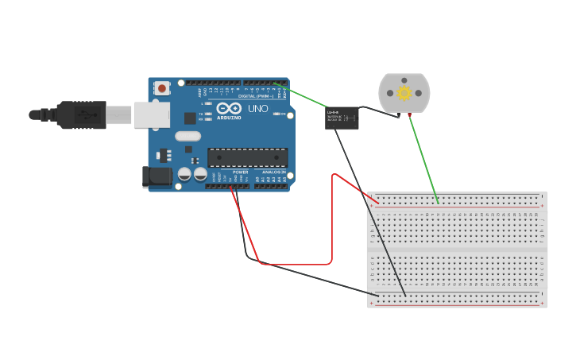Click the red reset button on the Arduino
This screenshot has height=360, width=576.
pos(162,88)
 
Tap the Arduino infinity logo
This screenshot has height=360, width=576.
pos(229,109)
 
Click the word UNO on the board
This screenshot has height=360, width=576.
pos(258,109)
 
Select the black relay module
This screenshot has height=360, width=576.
pos(342,118)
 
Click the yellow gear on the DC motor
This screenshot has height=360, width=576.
pos(404,93)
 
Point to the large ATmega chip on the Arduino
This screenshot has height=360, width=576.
pos(247,157)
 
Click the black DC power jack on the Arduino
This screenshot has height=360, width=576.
pos(157,176)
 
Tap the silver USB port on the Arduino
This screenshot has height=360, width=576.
pos(151,115)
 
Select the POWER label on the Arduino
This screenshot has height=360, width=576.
pos(240,172)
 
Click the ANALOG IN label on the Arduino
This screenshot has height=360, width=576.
pos(275,172)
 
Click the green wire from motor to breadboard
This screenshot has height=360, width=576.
pos(423,159)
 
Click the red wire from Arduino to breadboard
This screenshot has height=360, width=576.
pos(294,264)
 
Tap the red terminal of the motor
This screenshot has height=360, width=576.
pos(410,114)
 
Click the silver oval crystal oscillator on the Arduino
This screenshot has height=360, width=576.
pos(188,136)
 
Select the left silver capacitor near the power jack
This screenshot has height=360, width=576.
pos(184,173)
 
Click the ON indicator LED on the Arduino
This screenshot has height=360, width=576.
pos(276,114)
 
